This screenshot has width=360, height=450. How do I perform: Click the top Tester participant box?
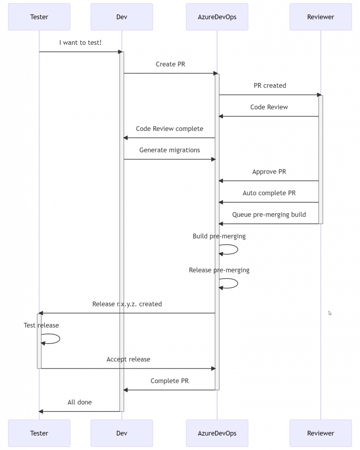coord(39,17)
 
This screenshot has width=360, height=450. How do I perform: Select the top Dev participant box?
coord(122,17)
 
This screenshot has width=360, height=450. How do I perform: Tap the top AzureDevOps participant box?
coord(217,17)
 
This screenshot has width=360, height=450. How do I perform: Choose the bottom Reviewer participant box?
coord(320,433)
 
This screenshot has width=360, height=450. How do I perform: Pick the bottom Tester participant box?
coord(39,433)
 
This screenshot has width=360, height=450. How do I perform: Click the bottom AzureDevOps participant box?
coord(217,433)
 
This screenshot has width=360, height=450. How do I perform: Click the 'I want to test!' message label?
coord(80,43)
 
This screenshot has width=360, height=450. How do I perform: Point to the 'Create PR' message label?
coord(170,64)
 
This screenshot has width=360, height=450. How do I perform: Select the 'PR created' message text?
coord(270,86)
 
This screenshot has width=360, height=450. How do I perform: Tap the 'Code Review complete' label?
coord(169,129)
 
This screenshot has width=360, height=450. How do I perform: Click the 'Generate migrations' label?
coord(169,150)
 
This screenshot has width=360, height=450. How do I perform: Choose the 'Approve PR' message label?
coord(269,172)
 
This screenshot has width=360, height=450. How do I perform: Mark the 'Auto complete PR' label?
coord(269,193)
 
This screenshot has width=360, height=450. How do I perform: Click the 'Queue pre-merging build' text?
coord(269,215)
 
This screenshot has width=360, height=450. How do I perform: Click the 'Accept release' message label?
coord(128,359)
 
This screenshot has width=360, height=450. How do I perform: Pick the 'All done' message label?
coord(79,402)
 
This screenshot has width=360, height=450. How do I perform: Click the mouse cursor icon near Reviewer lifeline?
coord(330,313)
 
